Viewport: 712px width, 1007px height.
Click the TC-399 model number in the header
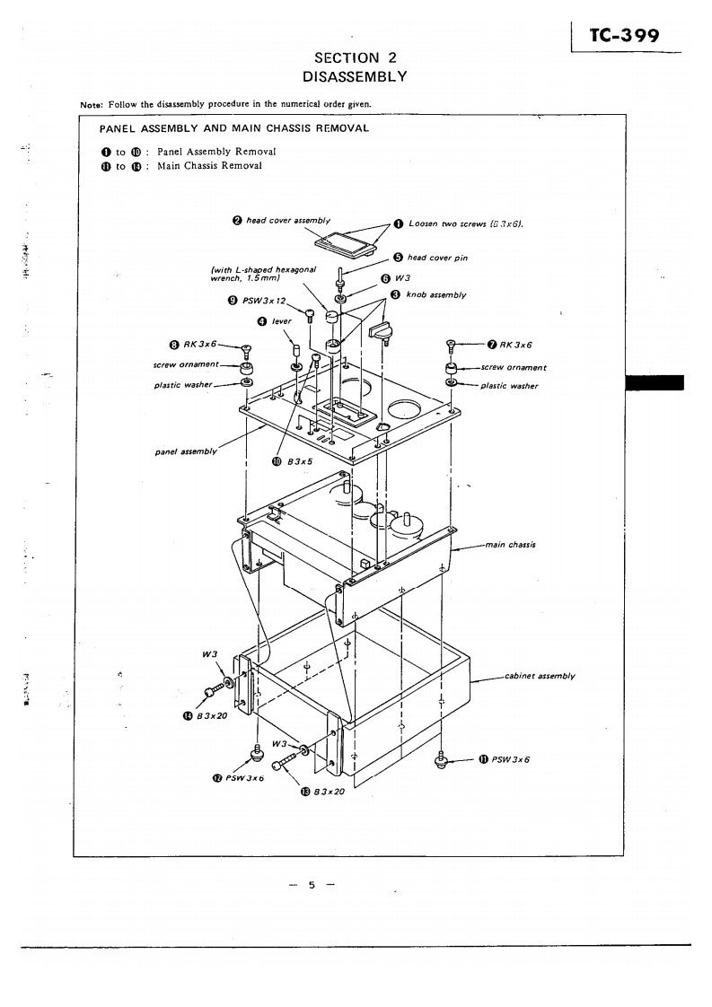[625, 37]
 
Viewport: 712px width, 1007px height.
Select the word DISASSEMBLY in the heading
[356, 76]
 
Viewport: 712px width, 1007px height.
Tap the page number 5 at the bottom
[312, 885]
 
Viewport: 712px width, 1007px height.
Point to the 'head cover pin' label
[436, 258]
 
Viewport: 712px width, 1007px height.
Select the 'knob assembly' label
[435, 293]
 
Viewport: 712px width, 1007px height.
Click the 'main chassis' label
[510, 544]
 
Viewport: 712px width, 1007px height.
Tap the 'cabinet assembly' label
[539, 675]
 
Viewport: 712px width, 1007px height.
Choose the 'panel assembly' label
[186, 451]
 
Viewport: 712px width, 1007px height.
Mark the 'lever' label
[282, 321]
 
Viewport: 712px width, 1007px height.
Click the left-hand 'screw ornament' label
[186, 364]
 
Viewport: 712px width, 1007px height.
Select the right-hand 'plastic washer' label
[509, 386]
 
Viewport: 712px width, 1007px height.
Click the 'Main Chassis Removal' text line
[209, 166]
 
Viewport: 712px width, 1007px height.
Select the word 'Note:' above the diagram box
[92, 103]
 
